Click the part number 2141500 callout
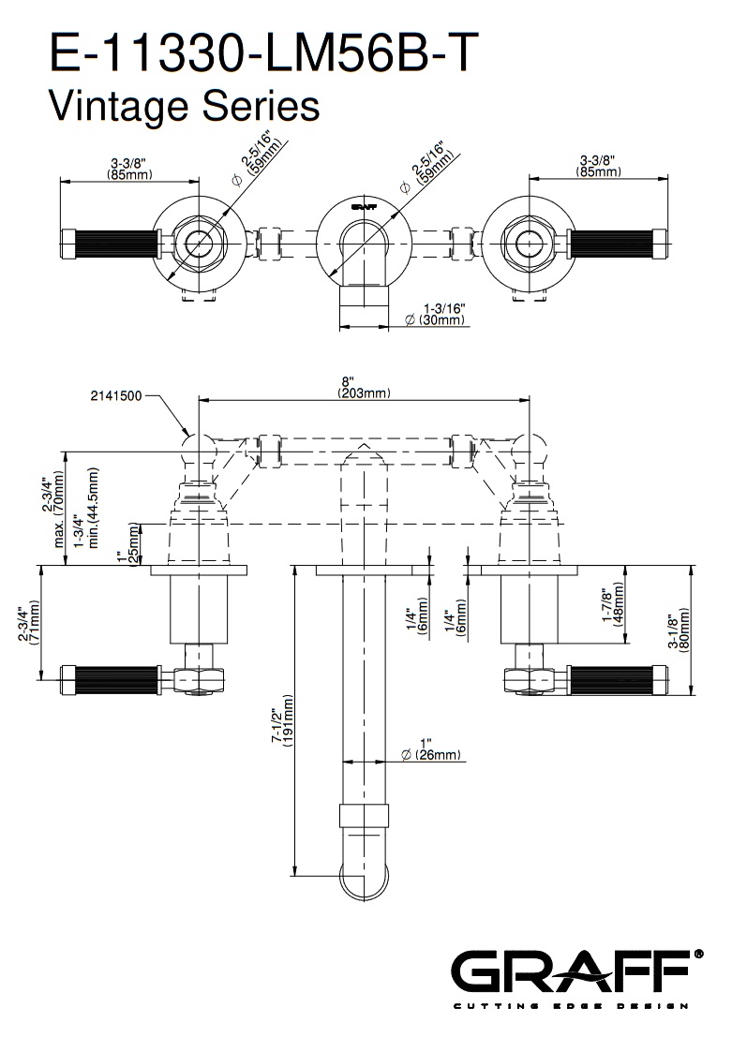tap(116, 396)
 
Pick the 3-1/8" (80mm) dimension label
tap(679, 632)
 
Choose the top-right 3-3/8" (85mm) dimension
tap(600, 167)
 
